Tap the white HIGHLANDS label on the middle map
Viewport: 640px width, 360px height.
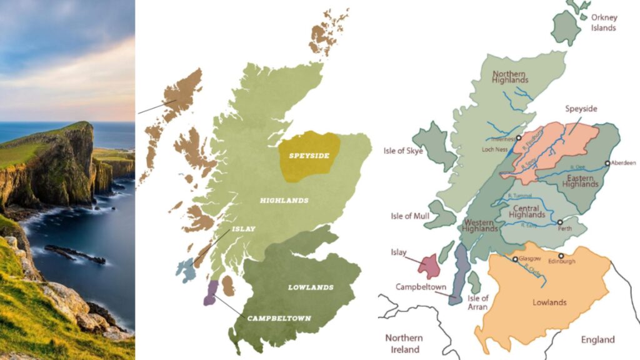[x=284, y=201]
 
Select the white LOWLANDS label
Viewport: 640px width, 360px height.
[x=311, y=287]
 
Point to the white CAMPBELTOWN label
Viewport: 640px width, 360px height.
[x=279, y=318]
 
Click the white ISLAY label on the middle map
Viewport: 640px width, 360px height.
[x=243, y=229]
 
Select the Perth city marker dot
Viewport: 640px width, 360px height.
[x=560, y=222]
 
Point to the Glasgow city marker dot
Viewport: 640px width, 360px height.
[x=515, y=259]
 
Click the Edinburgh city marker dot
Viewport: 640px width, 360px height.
[x=561, y=256]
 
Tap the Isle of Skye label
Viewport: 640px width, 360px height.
[x=403, y=151]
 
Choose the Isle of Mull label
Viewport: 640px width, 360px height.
[x=410, y=216]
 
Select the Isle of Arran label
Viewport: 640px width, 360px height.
[x=478, y=302]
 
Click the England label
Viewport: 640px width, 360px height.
[x=598, y=339]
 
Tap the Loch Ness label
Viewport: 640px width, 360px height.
[x=494, y=150]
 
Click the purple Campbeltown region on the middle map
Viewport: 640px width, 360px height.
[x=211, y=292]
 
